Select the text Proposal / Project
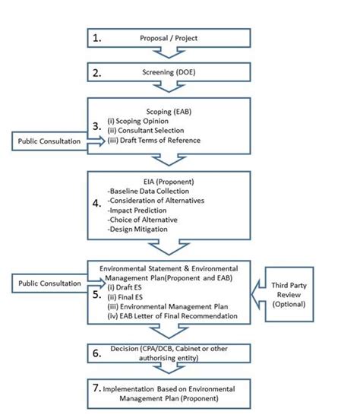click(x=168, y=38)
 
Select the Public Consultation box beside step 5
click(x=46, y=283)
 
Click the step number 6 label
click(x=96, y=354)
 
